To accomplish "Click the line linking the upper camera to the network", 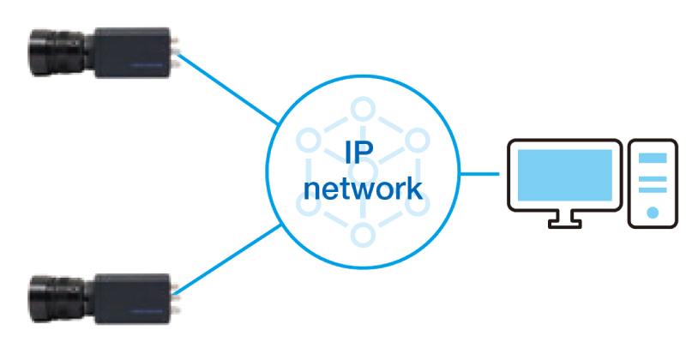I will click(226, 89).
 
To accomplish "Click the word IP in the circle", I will click(361, 154).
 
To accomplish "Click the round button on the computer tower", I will click(653, 212).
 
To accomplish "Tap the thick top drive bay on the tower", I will click(653, 158).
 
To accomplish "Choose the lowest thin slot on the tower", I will click(653, 189).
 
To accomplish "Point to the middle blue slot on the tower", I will click(653, 178).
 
